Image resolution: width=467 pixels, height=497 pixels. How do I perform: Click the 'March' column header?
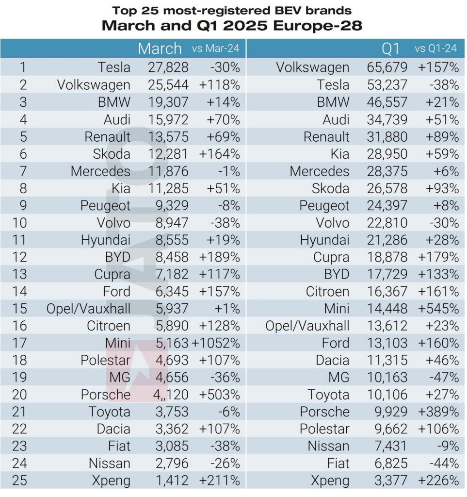(160, 49)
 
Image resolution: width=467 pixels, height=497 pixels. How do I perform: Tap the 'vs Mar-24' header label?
(216, 49)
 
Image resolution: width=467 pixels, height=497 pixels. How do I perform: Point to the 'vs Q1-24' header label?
(436, 49)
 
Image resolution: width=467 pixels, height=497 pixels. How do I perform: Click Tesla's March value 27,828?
(168, 67)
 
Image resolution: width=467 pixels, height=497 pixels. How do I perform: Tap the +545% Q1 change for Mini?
(438, 309)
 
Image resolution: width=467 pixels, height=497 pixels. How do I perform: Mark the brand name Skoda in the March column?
(112, 154)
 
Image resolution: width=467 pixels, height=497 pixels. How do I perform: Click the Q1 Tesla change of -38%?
(444, 85)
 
